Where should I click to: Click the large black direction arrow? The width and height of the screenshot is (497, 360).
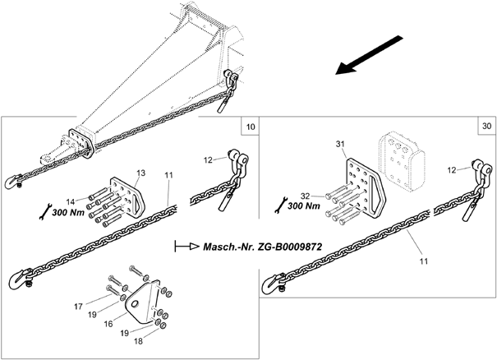click(x=370, y=56)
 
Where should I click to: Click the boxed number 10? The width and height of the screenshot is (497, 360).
click(x=251, y=127)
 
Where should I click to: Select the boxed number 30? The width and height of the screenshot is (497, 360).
click(x=487, y=126)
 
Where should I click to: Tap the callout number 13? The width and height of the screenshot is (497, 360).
click(x=141, y=173)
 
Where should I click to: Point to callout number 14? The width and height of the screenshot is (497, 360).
click(x=71, y=201)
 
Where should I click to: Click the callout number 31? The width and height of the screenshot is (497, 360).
click(x=340, y=144)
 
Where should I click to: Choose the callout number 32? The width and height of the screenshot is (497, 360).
click(x=305, y=196)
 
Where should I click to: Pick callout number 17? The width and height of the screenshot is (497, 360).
click(x=78, y=307)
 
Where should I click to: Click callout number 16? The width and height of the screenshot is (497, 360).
click(x=108, y=324)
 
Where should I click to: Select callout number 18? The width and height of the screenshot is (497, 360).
click(x=139, y=341)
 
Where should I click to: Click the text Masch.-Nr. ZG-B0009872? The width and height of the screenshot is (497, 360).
click(x=262, y=247)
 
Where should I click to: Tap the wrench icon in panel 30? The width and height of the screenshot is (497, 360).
click(x=281, y=205)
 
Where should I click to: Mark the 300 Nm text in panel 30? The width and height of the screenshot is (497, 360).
click(x=304, y=205)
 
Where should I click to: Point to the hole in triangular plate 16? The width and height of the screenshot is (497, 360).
click(x=136, y=304)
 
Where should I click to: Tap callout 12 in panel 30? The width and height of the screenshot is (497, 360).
click(x=452, y=170)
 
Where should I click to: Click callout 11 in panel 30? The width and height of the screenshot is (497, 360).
click(x=424, y=261)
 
